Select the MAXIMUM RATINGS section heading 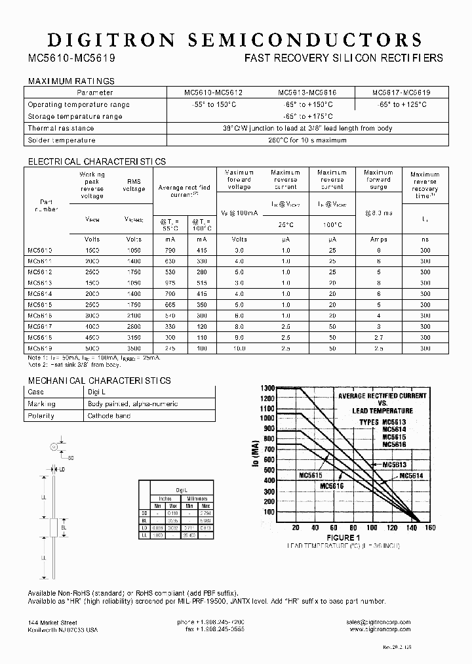point(71,81)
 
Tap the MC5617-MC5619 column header point(401,93)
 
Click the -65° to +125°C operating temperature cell point(401,104)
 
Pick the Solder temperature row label point(62,140)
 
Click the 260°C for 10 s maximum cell point(307,140)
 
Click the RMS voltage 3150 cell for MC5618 point(134,337)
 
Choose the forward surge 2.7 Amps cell point(378,337)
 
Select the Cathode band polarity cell point(109,416)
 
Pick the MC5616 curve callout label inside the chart point(314,486)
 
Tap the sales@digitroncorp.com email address point(379,622)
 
